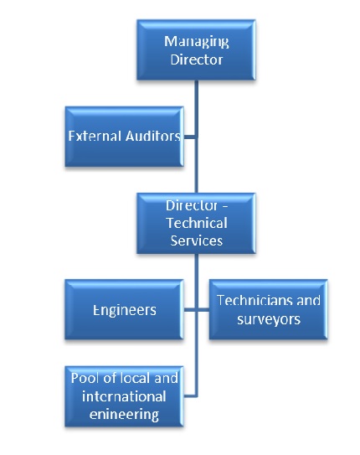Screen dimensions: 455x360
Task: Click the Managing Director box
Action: [196, 51]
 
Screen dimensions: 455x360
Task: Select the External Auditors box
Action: [125, 136]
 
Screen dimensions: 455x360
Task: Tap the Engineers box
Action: [125, 309]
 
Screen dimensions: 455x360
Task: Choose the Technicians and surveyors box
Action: [268, 309]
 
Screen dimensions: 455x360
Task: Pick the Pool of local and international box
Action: [125, 395]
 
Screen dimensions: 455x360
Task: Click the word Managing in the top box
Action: [197, 41]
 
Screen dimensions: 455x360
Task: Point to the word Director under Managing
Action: [197, 59]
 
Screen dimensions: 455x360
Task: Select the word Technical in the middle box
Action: [197, 222]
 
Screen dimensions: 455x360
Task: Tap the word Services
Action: [197, 240]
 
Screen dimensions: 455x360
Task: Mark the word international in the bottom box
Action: [123, 396]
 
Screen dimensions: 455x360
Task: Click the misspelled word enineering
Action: [125, 413]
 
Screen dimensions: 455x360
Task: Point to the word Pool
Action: [85, 377]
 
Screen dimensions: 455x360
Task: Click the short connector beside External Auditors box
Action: [190, 136]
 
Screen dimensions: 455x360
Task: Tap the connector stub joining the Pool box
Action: [190, 395]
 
